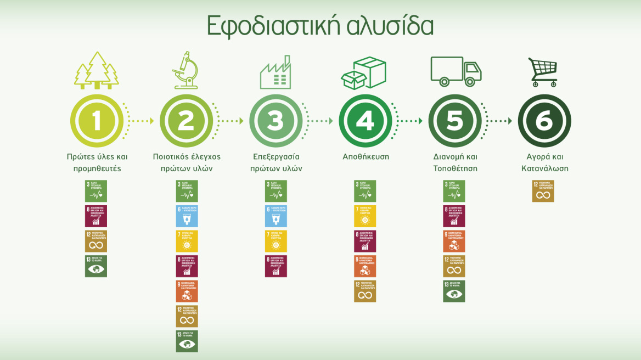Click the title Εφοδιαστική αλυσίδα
coord(320,26)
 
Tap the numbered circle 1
coord(97,121)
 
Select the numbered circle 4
coord(365,121)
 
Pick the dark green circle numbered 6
coord(544,121)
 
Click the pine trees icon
coord(97,71)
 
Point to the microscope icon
coord(185,70)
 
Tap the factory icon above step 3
coord(275,75)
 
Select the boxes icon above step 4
coord(364,72)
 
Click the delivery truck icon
coord(455,71)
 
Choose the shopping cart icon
coord(543,72)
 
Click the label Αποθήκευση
coord(365,156)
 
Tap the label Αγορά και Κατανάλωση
coord(544,162)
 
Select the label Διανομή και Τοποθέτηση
coord(455,162)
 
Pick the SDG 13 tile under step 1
coord(96,266)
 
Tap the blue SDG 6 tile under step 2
coord(187,216)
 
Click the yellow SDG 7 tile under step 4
coord(365,216)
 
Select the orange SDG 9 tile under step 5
coord(454,241)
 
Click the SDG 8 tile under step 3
coord(276,266)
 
